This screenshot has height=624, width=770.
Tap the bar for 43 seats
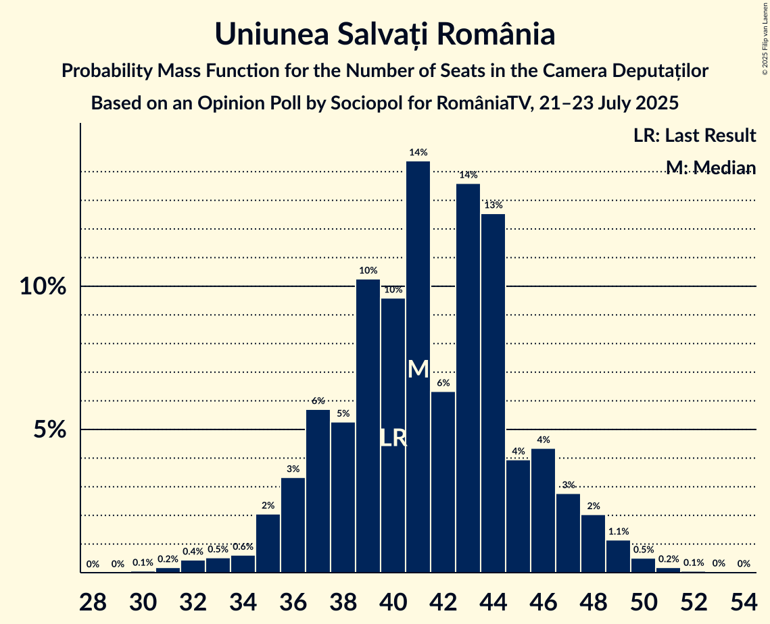click(x=468, y=378)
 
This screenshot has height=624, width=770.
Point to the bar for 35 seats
click(x=268, y=543)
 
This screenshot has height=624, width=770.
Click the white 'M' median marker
click(x=418, y=369)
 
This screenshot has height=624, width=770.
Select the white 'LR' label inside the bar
click(x=393, y=438)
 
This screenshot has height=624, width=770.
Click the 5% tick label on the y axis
click(x=51, y=430)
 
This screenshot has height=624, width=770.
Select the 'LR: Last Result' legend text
click(x=694, y=136)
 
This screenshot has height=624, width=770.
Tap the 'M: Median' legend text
click(x=711, y=167)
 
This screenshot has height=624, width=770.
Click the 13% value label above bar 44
click(x=493, y=205)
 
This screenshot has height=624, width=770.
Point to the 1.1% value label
click(x=618, y=531)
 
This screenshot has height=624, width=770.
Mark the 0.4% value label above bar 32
click(x=193, y=552)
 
